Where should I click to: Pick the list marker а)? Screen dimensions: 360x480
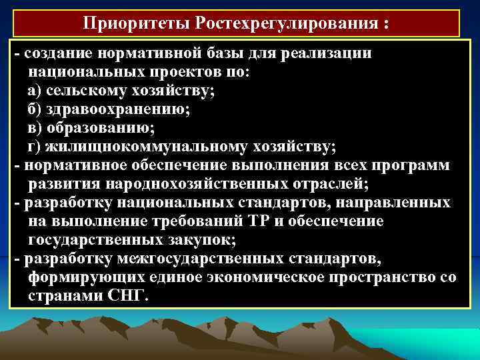[x=35, y=91]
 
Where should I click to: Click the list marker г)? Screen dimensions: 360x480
[x=35, y=145]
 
